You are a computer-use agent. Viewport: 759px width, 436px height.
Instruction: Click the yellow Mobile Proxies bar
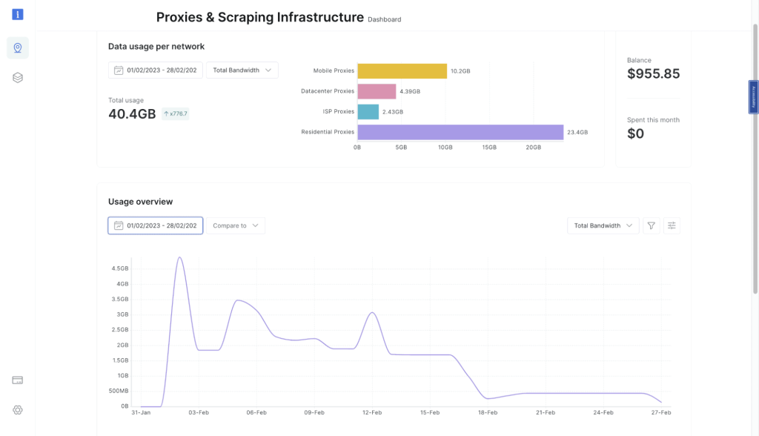point(402,71)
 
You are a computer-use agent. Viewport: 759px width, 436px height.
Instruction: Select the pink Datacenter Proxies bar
point(377,91)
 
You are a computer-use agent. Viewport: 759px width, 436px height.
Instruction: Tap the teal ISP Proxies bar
point(368,112)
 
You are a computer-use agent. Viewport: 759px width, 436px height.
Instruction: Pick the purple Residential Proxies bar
point(460,132)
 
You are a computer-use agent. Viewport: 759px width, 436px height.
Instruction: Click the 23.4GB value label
point(577,133)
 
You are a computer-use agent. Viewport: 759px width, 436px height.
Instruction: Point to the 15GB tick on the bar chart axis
point(489,148)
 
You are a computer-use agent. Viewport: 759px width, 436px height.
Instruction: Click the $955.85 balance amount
point(653,74)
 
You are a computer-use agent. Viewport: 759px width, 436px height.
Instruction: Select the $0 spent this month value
point(635,133)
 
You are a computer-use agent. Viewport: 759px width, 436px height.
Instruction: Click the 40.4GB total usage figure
point(132,114)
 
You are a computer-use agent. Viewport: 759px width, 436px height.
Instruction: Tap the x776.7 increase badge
point(176,114)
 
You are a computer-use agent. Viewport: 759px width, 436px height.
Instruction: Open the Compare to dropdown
point(235,225)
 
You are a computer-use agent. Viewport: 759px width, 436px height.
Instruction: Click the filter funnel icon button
point(651,225)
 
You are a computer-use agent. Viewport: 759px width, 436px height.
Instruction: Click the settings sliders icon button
point(672,225)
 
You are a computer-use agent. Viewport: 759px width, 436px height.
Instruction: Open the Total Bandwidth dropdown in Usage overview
point(603,225)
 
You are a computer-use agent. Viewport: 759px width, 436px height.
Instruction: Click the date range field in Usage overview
point(155,225)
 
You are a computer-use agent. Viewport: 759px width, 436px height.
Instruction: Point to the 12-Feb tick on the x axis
point(371,412)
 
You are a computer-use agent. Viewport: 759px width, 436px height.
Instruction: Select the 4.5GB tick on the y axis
point(119,268)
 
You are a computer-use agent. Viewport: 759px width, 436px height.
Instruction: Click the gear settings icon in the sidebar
point(18,410)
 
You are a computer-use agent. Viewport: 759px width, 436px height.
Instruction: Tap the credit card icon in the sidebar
point(18,380)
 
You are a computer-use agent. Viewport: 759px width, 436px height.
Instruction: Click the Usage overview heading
point(140,202)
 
